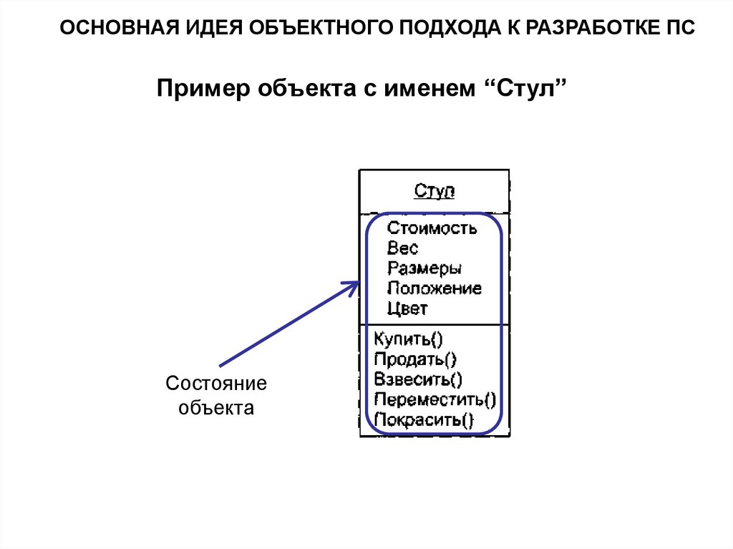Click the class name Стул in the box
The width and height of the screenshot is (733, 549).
coord(435,191)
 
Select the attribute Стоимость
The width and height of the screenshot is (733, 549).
coord(432,228)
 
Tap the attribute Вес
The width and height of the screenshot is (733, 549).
coord(402,248)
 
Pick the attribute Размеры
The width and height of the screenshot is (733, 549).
coord(424,268)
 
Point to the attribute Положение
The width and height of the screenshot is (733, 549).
coord(434,288)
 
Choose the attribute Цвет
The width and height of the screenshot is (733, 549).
coord(407,308)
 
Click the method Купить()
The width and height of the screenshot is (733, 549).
coord(408,339)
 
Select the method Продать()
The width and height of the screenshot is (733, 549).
coord(415,359)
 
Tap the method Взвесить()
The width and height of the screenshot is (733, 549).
coord(418,379)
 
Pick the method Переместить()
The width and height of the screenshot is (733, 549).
coord(435,399)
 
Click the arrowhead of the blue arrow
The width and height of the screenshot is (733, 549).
coord(354,286)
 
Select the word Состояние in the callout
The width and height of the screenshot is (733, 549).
coord(216,384)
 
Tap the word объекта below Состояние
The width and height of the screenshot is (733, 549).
coord(216,408)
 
